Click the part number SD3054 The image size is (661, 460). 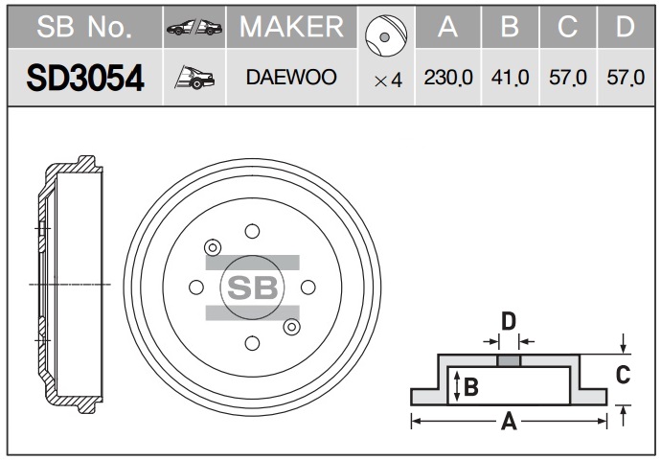85,78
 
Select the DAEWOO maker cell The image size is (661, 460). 291,78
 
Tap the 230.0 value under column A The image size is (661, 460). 448,78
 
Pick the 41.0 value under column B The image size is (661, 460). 510,78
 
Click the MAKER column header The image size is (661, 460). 292,27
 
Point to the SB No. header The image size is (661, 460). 84,27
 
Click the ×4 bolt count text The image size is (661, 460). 388,80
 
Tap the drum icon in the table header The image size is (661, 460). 386,35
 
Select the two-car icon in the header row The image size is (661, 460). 194,28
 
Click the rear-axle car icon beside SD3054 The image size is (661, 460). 194,78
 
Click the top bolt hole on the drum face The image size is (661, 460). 252,231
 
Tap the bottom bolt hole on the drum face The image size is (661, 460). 252,343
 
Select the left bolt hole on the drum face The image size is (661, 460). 196,287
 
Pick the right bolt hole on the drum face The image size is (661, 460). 308,287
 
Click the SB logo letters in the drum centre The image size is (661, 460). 253,287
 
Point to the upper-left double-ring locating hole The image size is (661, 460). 213,247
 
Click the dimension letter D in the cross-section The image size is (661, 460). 509,321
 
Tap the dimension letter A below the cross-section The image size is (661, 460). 509,422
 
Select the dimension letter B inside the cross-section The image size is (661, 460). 471,386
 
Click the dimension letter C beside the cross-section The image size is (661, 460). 623,375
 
